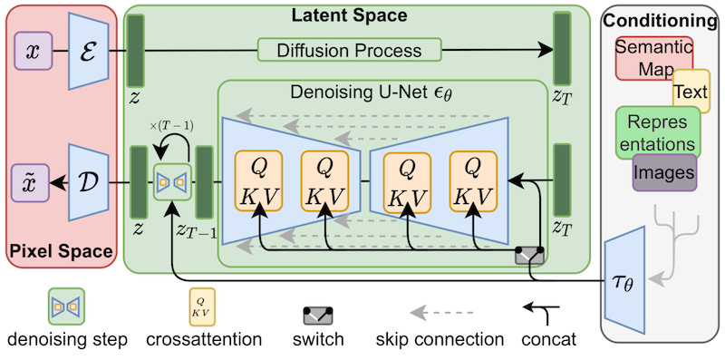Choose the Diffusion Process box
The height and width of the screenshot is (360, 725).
[349, 51]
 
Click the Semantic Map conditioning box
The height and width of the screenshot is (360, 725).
[652, 58]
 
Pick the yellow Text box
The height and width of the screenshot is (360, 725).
[691, 91]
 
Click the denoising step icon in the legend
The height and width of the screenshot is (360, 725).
[66, 306]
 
